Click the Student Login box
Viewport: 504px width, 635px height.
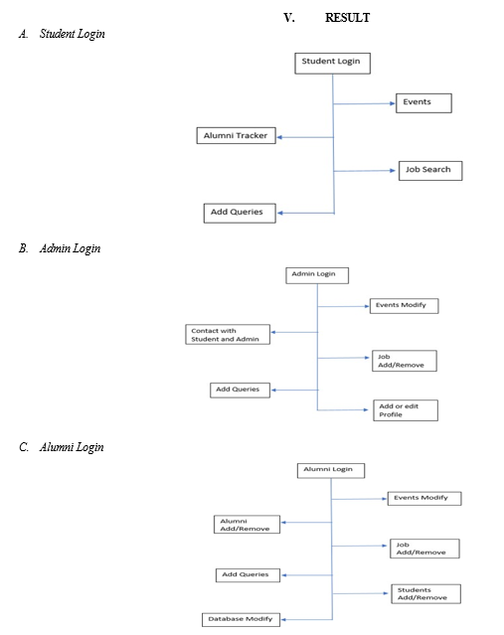[x=332, y=64]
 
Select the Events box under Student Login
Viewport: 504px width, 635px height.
[x=423, y=103]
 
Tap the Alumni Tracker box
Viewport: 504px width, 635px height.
[x=237, y=136]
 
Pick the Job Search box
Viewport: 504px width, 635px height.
[x=430, y=171]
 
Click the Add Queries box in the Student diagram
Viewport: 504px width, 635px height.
[x=240, y=213]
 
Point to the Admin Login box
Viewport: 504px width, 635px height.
[x=317, y=275]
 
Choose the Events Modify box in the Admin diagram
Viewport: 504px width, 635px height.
[x=404, y=306]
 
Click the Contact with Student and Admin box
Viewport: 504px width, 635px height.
[x=228, y=334]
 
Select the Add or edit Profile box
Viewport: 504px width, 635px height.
[x=406, y=410]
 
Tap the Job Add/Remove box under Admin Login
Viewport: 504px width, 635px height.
[x=405, y=361]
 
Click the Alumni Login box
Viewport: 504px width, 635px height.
[x=331, y=471]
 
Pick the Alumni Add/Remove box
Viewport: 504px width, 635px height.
[x=247, y=525]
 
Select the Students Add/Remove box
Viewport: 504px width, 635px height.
[x=425, y=593]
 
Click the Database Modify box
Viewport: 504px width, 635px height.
[x=241, y=620]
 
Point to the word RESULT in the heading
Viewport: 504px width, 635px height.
[x=347, y=18]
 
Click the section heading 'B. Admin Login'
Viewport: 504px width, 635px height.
[x=60, y=248]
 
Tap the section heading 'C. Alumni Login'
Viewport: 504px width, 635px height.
[x=62, y=447]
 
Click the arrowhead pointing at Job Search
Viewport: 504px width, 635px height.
[x=393, y=171]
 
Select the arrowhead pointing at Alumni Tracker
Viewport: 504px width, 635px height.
[x=280, y=137]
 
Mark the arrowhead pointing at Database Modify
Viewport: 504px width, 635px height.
[x=283, y=620]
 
